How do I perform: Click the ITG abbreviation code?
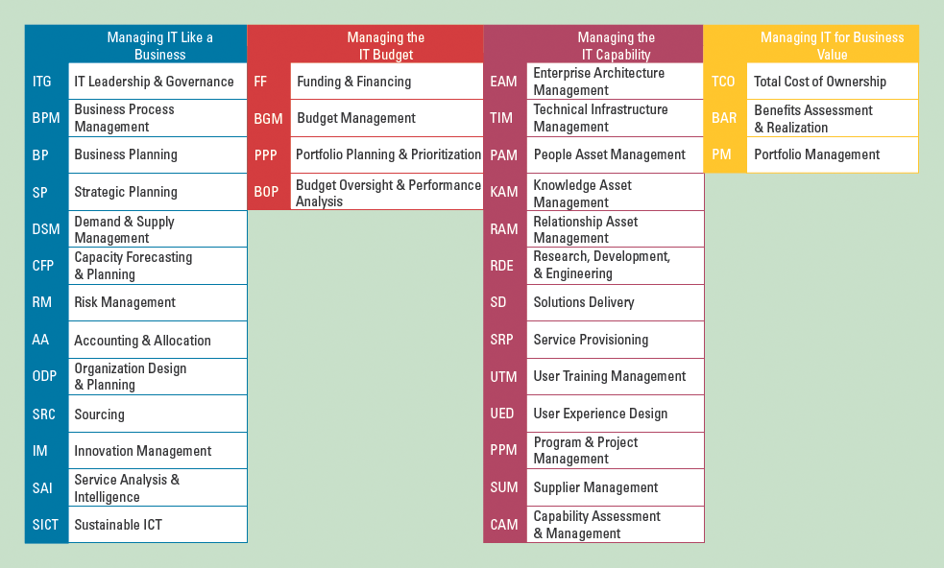pos(42,82)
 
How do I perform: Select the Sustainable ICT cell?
pos(157,525)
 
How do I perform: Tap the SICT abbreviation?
pos(45,525)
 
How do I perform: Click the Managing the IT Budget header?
pos(385,45)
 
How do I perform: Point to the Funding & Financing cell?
pos(386,82)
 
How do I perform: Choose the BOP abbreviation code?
pos(267,192)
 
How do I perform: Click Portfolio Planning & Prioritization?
pos(388,154)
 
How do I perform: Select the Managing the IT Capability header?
pos(616,45)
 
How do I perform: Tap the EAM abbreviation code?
pos(503,82)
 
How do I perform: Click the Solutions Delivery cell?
pos(614,302)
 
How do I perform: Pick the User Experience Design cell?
pos(614,414)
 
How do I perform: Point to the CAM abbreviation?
pos(504,525)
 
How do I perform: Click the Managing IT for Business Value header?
pos(832,45)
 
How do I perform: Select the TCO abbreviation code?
pos(723,82)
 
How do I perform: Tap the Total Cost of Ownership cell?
pos(832,82)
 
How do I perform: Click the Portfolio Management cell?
pos(832,154)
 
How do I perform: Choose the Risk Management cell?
pos(157,302)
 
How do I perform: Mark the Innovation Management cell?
pos(157,451)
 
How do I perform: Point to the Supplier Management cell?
pos(614,487)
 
